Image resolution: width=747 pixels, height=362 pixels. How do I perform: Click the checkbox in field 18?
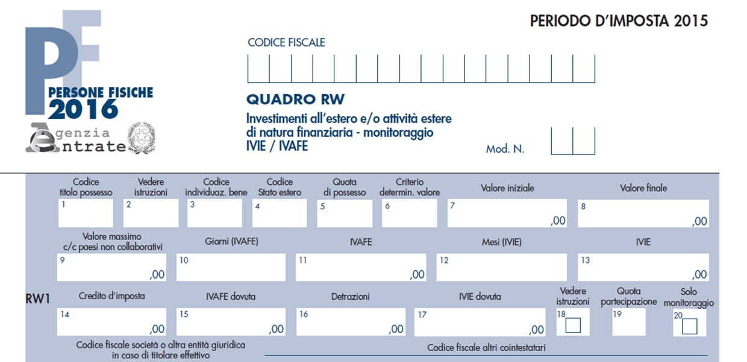click(x=573, y=325)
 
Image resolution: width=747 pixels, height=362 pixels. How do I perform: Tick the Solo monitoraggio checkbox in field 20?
click(x=689, y=326)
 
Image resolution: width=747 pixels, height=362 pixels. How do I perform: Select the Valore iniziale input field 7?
click(x=507, y=213)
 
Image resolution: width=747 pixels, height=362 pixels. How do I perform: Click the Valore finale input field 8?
click(x=643, y=214)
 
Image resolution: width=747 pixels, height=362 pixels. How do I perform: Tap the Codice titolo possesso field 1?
click(x=86, y=213)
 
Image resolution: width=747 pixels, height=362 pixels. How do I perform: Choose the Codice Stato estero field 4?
click(x=280, y=213)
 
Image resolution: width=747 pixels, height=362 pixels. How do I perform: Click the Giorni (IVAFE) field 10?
click(x=231, y=267)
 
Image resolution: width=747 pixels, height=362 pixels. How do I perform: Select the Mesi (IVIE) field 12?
click(x=502, y=267)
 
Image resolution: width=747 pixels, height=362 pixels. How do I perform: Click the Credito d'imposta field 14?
click(x=111, y=322)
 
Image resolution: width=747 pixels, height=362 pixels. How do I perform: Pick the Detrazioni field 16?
click(x=351, y=322)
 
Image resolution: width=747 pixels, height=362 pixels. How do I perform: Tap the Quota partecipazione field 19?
click(x=628, y=322)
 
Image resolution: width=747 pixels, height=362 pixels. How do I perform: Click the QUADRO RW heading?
click(x=295, y=99)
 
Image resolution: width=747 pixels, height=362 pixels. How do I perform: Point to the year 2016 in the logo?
click(x=83, y=109)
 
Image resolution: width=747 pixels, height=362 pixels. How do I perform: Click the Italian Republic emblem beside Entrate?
click(x=142, y=138)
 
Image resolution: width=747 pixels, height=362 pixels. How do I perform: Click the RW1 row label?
click(x=38, y=299)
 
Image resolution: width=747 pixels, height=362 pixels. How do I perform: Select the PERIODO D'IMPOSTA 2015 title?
click(x=619, y=21)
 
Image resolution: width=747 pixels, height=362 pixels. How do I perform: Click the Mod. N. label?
click(x=505, y=149)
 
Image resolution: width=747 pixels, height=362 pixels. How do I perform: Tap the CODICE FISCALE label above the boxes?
click(x=286, y=42)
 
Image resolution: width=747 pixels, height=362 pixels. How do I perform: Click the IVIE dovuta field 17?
click(x=480, y=322)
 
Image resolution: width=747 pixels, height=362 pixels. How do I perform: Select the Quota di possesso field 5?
click(x=345, y=213)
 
